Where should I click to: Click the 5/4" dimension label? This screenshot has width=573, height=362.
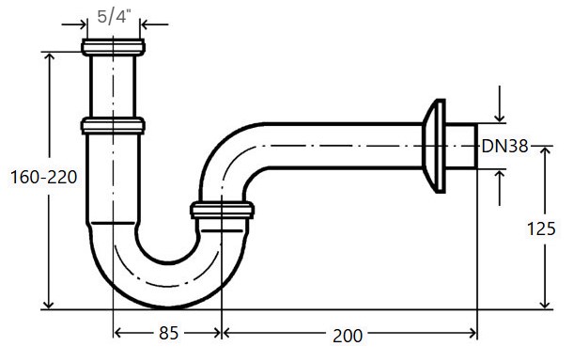[x=114, y=17]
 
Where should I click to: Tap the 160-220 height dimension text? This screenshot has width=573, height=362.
[x=44, y=178]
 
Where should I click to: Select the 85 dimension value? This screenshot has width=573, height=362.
[x=168, y=333]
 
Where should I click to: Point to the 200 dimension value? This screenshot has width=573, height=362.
[x=348, y=336]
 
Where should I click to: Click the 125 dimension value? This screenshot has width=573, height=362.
[x=541, y=228]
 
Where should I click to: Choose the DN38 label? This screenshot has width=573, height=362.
[x=505, y=147]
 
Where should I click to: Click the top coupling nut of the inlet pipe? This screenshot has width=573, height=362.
[x=113, y=47]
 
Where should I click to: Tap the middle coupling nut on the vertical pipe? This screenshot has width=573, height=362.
[x=113, y=125]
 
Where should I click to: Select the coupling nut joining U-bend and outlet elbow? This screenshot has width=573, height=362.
[x=223, y=211]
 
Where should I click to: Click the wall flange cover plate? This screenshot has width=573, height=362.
[x=434, y=146]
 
